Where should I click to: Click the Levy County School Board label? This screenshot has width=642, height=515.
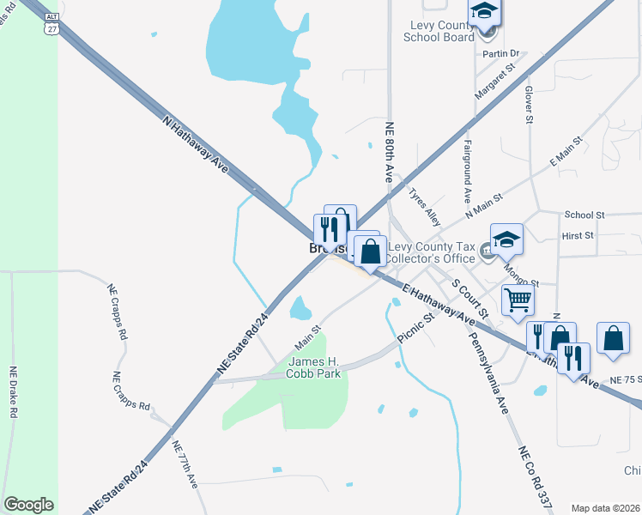pos(442,31)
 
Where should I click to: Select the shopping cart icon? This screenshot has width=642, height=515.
pos(518,300)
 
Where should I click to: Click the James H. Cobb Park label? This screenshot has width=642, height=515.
pos(314,367)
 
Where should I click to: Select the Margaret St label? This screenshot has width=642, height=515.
pos(499,80)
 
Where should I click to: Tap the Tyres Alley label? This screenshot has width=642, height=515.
pos(425,207)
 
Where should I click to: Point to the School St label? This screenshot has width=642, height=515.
pos(584,215)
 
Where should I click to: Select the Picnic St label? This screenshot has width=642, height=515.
pos(417,330)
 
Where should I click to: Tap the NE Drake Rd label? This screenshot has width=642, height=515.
pos(13,392)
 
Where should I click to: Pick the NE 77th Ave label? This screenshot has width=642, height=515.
pos(185,464)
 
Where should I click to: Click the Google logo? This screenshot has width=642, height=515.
pos(28,505)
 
